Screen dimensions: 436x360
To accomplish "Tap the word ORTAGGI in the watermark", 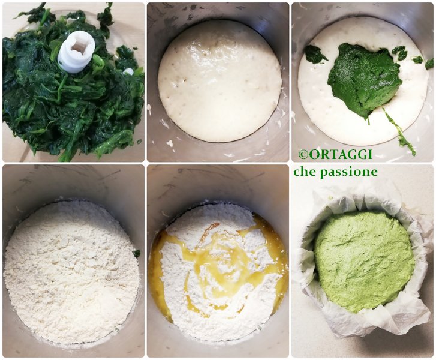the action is click(x=340, y=154).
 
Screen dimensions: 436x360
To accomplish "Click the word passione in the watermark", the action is click(x=348, y=172).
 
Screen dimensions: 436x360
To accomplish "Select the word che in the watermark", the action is click(x=305, y=172).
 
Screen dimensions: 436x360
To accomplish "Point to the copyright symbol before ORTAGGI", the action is click(x=303, y=154).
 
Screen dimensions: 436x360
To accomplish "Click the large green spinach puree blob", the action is click(x=364, y=79).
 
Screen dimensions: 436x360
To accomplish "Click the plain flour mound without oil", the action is click(x=71, y=271).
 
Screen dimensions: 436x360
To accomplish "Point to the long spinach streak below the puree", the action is click(x=399, y=132).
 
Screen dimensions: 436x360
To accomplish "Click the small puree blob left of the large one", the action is click(x=315, y=54).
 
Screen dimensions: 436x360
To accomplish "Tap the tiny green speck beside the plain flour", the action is click(x=136, y=253).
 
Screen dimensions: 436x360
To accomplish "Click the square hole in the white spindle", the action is click(x=76, y=46).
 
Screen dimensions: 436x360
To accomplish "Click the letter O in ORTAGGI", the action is click(x=312, y=154).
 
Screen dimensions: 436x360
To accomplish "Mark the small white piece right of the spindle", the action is click(x=128, y=71).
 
